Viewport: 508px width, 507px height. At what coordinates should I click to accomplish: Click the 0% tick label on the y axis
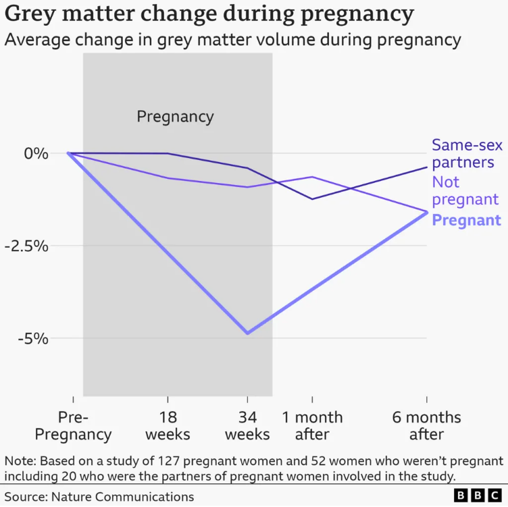point(36,153)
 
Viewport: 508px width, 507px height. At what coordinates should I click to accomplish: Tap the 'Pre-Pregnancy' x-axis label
point(73,425)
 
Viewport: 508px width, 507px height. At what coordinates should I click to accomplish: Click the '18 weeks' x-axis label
point(168,425)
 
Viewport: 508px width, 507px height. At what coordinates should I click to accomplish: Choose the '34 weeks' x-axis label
point(247,425)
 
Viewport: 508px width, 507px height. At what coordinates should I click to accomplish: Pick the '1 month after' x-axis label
point(312,425)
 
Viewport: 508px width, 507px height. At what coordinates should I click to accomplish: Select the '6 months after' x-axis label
point(426,425)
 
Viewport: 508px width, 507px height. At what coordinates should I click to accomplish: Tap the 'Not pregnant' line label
point(465,191)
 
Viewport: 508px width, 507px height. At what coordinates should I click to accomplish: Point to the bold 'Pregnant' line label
point(466,220)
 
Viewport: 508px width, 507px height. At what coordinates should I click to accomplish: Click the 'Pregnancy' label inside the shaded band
point(175,117)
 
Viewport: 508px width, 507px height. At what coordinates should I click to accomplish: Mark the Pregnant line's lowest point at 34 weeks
point(247,333)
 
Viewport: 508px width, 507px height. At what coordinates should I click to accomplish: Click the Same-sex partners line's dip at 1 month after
point(312,198)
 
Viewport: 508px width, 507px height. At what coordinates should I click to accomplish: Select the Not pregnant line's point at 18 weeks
point(168,178)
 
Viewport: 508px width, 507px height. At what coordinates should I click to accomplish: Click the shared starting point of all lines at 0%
point(69,153)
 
